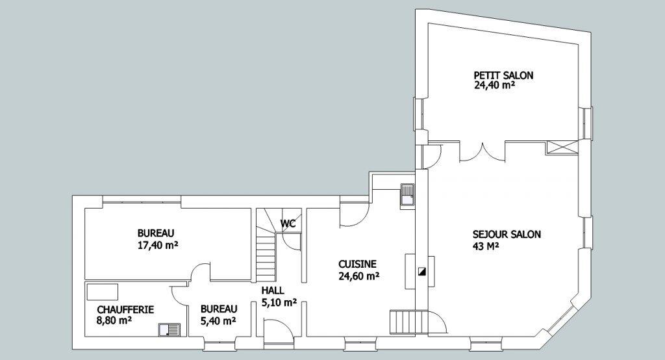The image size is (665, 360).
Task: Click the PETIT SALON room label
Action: [503, 75]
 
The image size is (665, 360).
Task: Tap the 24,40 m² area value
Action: [494, 85]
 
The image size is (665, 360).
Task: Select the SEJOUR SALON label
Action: [507, 235]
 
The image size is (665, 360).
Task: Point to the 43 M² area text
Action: [485, 246]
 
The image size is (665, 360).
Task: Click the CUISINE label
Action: [357, 264]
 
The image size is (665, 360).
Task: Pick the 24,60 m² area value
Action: [358, 276]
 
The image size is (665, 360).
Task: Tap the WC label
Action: [288, 224]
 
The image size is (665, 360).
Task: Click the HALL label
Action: [273, 291]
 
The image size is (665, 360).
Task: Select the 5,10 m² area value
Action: [279, 303]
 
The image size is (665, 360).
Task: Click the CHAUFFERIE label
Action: [125, 309]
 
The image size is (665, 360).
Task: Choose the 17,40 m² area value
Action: [157, 245]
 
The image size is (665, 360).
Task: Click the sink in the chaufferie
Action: [169, 330]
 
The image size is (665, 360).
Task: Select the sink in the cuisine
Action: [407, 196]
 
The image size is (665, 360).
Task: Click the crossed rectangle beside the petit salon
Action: [562, 148]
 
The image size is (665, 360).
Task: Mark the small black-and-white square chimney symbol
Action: [421, 272]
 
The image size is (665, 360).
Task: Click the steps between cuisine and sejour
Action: [403, 322]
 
